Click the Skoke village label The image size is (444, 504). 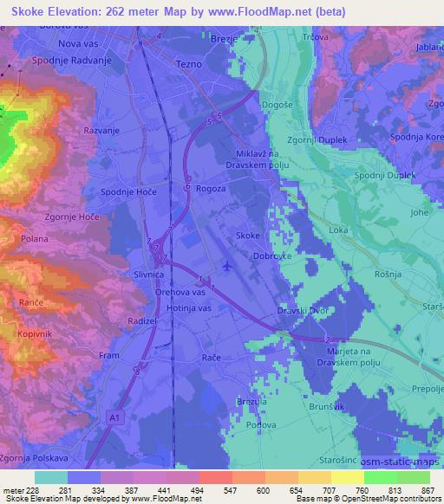[x=247, y=236]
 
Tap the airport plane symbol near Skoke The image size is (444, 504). [x=227, y=266]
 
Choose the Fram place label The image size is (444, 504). [x=109, y=356]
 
